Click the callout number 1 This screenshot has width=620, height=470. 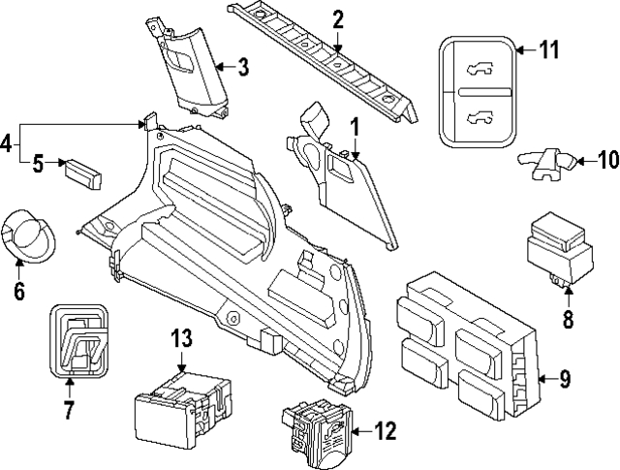[355, 126]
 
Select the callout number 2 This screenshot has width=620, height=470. [337, 19]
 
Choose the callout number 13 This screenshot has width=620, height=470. [182, 339]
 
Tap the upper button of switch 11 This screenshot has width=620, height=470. [477, 66]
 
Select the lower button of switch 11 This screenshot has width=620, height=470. [477, 117]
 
